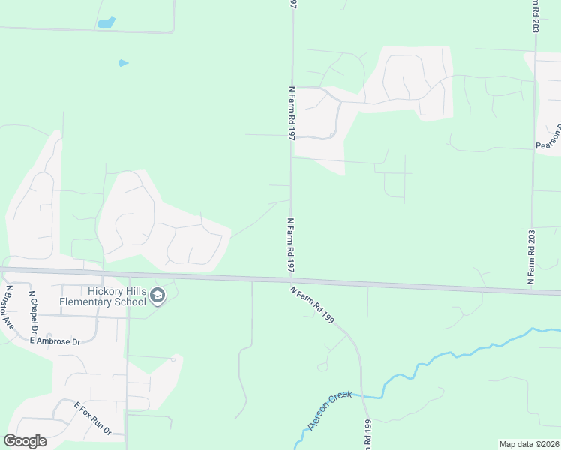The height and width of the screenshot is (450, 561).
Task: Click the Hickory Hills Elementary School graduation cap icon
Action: (x=157, y=296)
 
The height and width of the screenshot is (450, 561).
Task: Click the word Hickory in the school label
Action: (x=103, y=291)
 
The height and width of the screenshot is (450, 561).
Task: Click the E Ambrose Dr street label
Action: (x=55, y=340)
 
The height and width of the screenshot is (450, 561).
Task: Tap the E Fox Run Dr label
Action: (x=92, y=418)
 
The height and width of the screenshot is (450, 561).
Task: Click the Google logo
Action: (x=25, y=441)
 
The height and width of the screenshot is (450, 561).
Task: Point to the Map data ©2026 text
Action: (x=529, y=444)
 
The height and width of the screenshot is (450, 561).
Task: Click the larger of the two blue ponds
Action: (x=106, y=22)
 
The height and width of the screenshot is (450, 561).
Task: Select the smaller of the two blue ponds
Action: (x=123, y=63)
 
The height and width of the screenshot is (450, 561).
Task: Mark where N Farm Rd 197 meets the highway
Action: (x=292, y=279)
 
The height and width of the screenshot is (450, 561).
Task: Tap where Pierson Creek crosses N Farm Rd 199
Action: (x=365, y=394)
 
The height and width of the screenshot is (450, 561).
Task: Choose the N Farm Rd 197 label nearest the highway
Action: (x=291, y=246)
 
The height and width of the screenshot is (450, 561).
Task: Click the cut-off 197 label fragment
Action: (x=292, y=5)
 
